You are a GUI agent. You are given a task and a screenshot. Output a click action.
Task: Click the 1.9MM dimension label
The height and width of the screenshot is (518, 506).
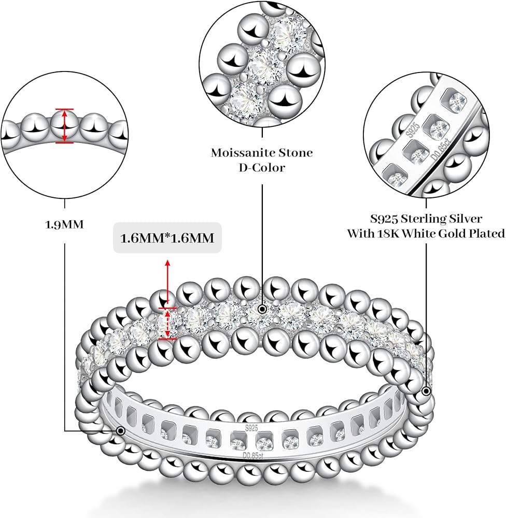coord(65,225)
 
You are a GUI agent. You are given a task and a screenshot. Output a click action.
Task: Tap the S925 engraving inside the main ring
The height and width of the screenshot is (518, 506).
coord(251,428)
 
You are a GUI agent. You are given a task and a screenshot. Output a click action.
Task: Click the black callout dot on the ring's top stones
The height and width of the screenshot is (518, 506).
coord(262,309)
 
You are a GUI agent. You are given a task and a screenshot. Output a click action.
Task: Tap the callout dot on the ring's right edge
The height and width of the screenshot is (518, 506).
coord(426,391)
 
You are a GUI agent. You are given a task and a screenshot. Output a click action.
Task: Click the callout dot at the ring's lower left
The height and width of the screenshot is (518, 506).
coord(121,430)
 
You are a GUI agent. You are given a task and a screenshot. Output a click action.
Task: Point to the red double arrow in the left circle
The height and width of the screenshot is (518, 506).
coord(64,125)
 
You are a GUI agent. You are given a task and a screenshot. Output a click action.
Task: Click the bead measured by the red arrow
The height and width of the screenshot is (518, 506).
coord(64,125)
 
